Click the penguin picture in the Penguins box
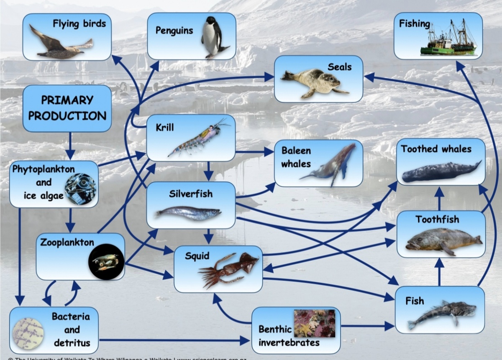[213, 38]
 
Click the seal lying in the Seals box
[314, 82]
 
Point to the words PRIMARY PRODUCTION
[67, 108]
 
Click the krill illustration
[199, 138]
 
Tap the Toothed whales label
[436, 149]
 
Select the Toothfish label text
[437, 220]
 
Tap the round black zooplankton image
[106, 262]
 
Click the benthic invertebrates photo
[315, 323]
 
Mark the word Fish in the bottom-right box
[414, 301]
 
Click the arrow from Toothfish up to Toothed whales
[439, 199]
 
